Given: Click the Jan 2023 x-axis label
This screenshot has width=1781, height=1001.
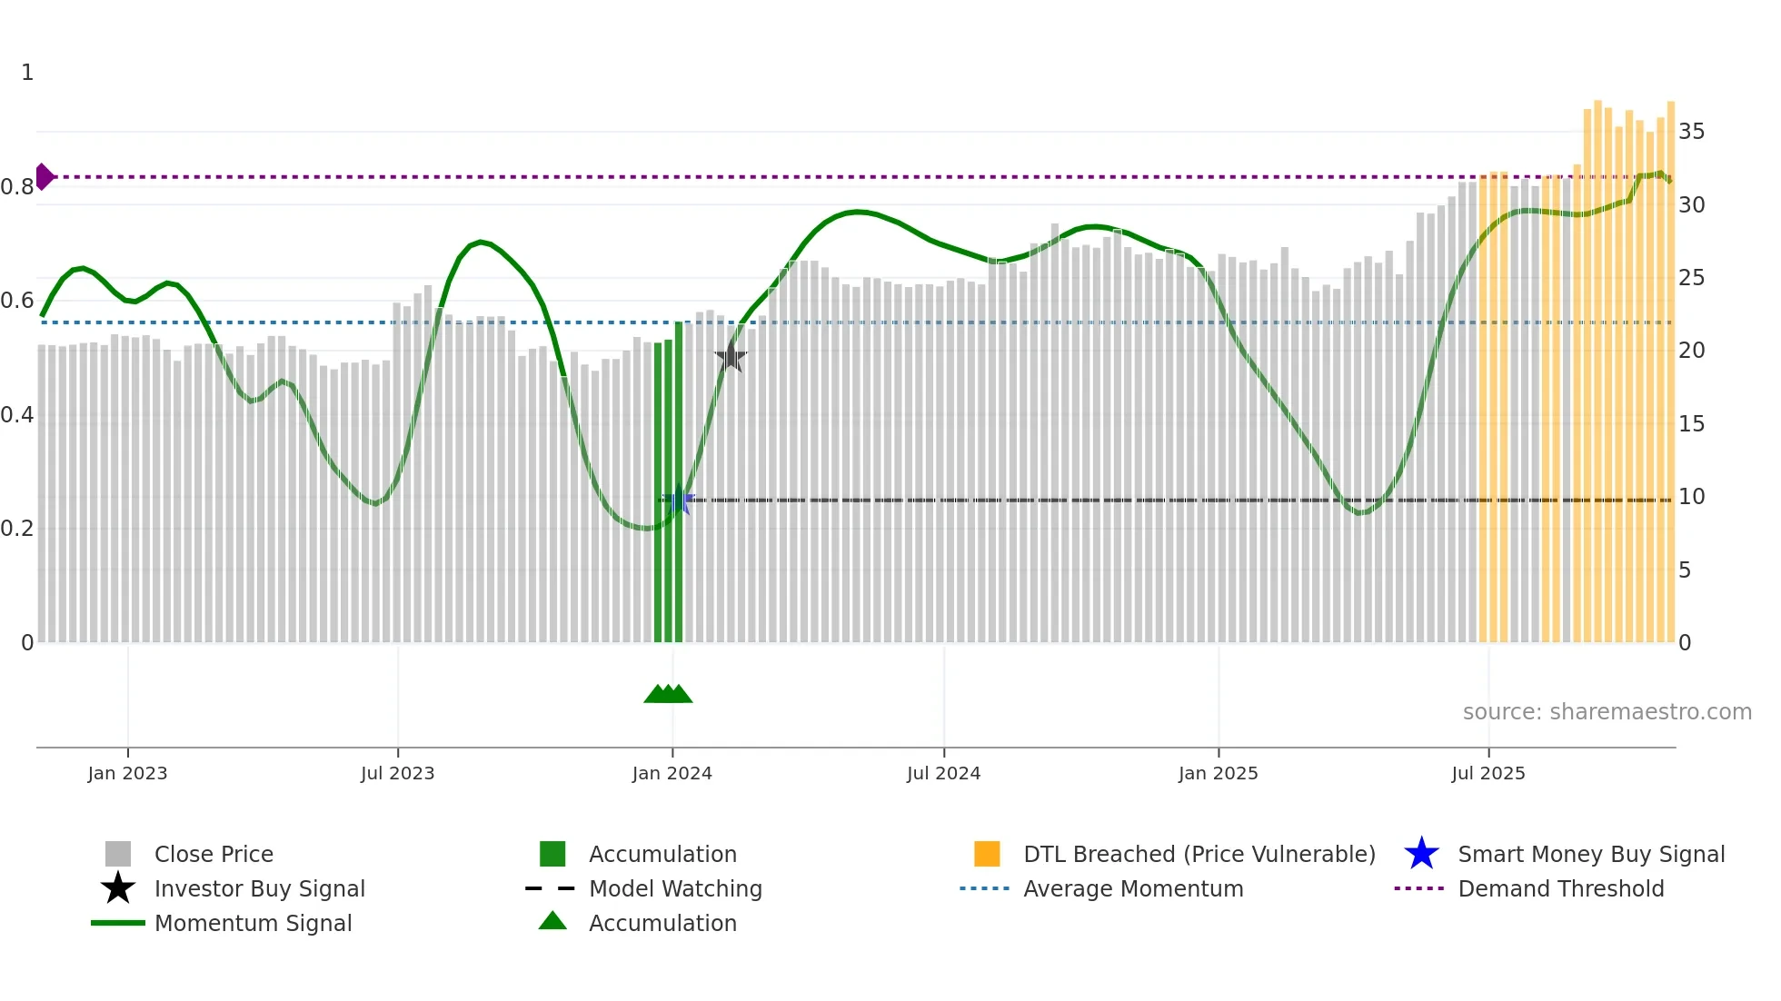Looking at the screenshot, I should tap(127, 773).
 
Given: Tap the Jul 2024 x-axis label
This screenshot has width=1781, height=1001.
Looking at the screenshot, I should tap(943, 773).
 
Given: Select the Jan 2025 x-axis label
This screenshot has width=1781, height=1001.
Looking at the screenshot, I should tap(1218, 773).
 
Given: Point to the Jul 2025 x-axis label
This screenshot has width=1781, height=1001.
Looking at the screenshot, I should tap(1487, 773).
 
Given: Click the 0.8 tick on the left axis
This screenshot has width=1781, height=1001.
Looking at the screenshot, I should tap(17, 187).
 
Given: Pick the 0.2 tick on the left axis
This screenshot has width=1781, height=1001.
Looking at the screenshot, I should tap(17, 529).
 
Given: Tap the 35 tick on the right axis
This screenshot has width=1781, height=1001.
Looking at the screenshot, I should tap(1691, 132).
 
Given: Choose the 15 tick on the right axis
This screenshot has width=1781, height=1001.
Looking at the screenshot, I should tap(1691, 424).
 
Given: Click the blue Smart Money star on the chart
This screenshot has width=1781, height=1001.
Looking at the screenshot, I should tap(678, 500).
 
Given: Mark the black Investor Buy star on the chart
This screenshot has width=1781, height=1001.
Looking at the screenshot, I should tap(731, 357).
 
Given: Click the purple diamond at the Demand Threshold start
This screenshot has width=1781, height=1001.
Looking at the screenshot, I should tap(44, 176).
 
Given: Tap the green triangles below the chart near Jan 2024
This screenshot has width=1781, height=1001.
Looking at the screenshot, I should tap(668, 694).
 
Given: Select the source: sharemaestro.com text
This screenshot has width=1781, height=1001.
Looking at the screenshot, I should tap(1607, 712).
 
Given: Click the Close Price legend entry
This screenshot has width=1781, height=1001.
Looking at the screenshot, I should tap(214, 854).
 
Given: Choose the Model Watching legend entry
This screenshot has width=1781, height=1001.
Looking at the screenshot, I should tap(675, 888).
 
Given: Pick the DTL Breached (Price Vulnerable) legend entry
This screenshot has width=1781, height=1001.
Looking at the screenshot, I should tap(1199, 854).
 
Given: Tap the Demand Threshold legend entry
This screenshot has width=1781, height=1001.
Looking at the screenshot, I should tap(1560, 888).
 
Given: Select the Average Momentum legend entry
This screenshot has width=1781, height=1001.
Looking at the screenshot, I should tap(1133, 888).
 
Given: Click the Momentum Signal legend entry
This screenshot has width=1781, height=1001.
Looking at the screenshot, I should tap(253, 923).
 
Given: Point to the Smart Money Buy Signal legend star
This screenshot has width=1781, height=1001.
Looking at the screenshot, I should tap(1421, 854).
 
